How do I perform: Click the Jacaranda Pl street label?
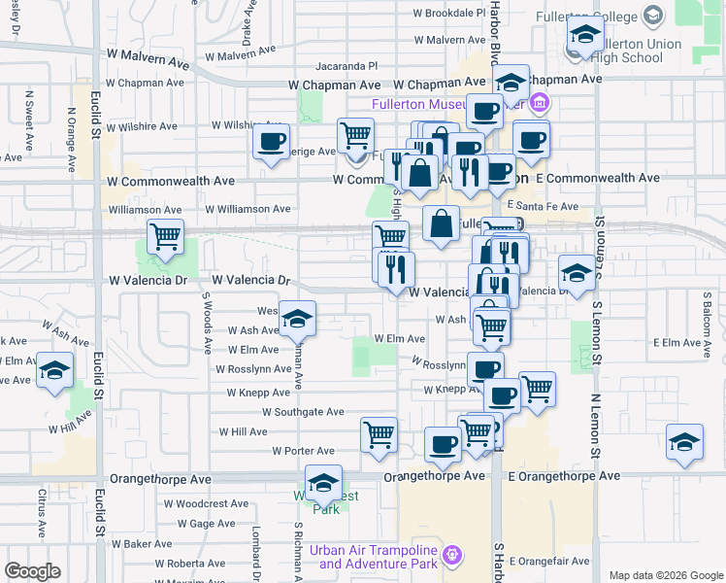tap(346, 66)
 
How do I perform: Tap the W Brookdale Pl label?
tap(448, 14)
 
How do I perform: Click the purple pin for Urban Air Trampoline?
tap(450, 556)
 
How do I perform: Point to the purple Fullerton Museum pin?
tap(540, 102)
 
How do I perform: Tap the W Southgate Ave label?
tap(296, 412)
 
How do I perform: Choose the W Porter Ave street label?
tap(303, 451)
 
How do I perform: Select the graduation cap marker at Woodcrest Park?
tap(323, 482)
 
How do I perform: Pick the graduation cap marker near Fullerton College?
tap(584, 35)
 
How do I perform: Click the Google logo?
tap(32, 571)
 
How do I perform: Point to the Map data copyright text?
tap(665, 575)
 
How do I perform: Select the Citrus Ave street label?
tap(43, 515)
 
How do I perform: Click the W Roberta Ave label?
tap(196, 564)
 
